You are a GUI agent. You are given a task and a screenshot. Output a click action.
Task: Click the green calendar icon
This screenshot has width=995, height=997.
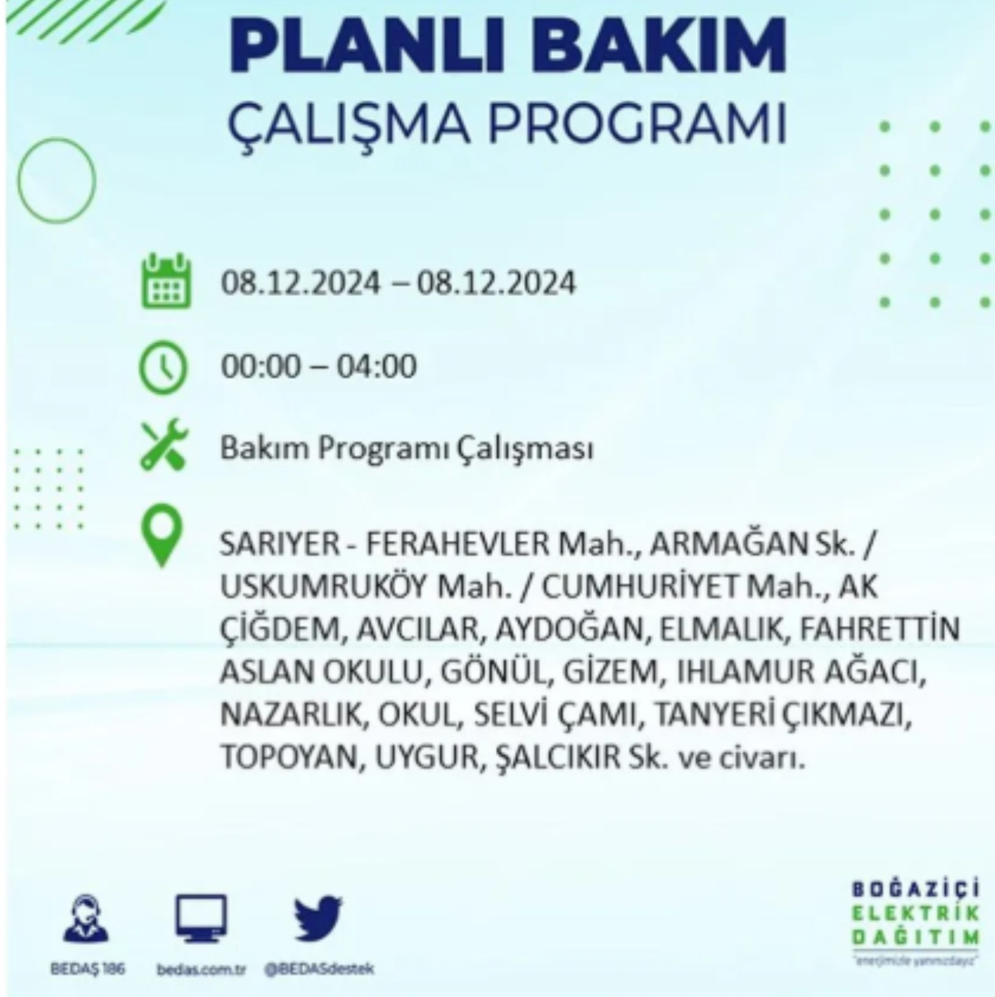(166, 280)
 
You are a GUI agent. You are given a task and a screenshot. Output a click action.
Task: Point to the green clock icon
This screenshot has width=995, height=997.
(163, 367)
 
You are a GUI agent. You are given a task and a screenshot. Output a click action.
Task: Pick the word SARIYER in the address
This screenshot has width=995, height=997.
(279, 545)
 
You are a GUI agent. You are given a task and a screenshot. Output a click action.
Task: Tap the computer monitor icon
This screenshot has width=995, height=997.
(200, 918)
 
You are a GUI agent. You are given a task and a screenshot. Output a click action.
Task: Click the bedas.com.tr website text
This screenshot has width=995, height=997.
(200, 970)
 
